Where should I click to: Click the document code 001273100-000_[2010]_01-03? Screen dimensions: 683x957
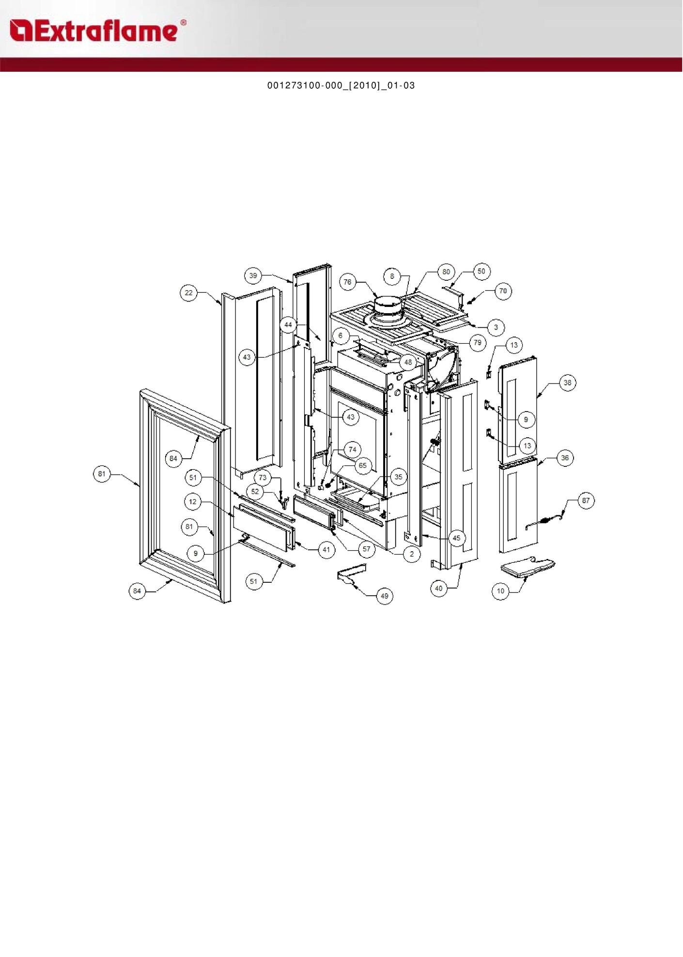[341, 85]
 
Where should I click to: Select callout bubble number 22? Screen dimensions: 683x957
[188, 293]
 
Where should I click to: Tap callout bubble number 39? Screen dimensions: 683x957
[253, 276]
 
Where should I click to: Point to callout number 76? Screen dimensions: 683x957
[347, 282]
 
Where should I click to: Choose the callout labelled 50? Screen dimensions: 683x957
[481, 271]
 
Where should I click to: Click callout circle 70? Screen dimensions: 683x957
[503, 291]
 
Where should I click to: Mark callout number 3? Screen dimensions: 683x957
[496, 327]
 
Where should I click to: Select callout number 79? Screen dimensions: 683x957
[478, 343]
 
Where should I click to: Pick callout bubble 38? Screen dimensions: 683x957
[567, 383]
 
